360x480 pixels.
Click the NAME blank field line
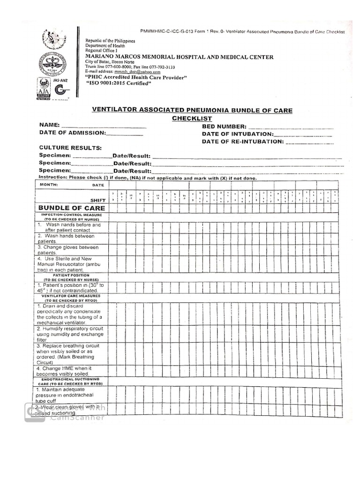pos(104,127)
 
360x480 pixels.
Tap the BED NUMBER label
pos(224,127)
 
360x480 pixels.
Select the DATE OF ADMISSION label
pos(73,133)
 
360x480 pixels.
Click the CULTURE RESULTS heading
pos(70,148)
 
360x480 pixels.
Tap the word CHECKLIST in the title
pos(192,119)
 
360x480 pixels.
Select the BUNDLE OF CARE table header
pos(72,208)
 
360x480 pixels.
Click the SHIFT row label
pos(98,200)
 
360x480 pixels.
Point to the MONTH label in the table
pos(49,185)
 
